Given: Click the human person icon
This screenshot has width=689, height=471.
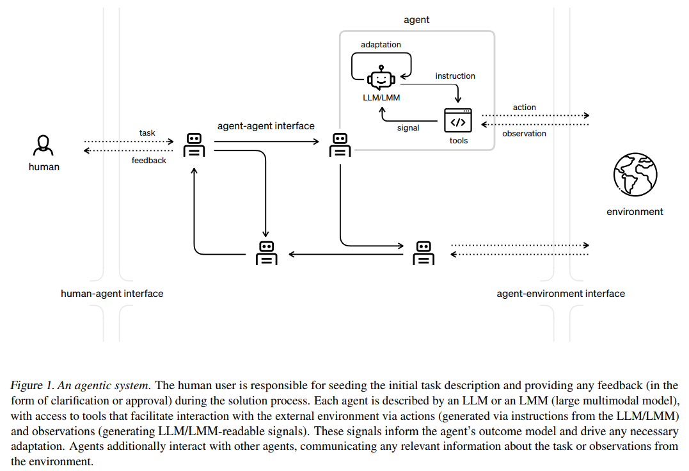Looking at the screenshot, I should coord(44,145).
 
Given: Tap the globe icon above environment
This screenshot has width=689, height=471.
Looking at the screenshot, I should coord(635,174).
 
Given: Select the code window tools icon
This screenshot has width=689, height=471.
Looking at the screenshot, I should coord(458,122).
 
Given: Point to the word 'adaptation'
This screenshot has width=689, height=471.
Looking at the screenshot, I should coord(381,45).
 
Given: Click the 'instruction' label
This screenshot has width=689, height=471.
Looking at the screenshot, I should coord(455,76).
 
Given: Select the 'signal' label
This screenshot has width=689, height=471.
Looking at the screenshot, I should coord(408,128).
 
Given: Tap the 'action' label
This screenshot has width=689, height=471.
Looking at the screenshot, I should coord(525,108).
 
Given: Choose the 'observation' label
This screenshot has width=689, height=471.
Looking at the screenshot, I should coord(525,134).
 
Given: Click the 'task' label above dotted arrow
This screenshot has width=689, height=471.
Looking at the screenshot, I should coord(147,133).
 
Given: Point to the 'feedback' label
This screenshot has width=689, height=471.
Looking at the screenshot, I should coord(149,161).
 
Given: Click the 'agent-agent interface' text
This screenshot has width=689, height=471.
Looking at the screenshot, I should coord(266,126).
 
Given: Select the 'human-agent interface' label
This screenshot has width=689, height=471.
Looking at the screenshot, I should coord(112,294).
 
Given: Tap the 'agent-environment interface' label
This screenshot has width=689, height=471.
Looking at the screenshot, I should coord(561,294).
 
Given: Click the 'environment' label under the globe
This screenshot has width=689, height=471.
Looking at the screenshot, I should coord(635,212).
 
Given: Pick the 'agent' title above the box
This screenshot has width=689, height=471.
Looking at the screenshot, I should coord(416,20).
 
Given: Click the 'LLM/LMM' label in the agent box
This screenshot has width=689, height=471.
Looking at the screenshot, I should coord(381,97).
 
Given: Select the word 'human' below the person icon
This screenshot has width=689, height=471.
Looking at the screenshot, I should coord(44,167).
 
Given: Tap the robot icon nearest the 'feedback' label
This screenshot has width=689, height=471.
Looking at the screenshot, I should coord(194,145).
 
